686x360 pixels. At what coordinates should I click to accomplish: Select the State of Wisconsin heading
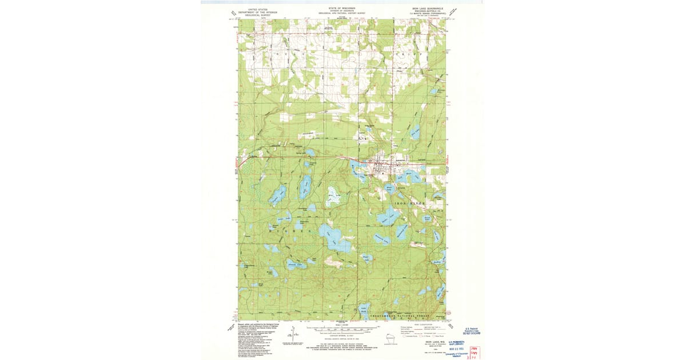click(342, 8)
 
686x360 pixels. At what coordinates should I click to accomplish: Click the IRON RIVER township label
click(409, 203)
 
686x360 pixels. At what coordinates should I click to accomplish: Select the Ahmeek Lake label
click(297, 265)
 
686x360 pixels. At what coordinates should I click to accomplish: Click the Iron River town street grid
click(382, 166)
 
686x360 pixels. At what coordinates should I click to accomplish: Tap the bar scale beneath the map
click(342, 329)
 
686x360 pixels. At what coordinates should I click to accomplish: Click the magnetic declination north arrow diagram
click(292, 333)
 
